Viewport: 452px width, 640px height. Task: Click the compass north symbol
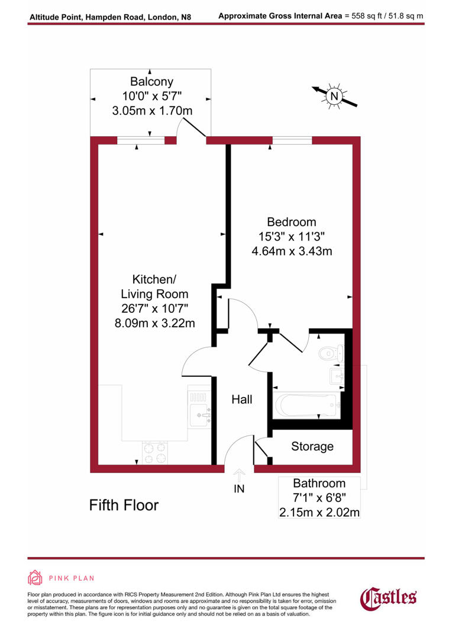[334, 96]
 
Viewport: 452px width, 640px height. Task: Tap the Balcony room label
[152, 82]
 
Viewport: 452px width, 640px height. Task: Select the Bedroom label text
[292, 222]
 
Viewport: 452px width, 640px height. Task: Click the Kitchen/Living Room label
[154, 286]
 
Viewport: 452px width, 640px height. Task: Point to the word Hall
[241, 400]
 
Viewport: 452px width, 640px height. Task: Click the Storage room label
[312, 447]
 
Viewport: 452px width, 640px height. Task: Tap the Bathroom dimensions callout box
[319, 498]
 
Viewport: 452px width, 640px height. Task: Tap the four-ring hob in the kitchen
[155, 453]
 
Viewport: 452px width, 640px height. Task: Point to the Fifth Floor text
[124, 505]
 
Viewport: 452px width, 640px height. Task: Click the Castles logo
[388, 597]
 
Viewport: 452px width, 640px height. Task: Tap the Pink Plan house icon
[35, 578]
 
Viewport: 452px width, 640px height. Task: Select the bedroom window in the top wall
[292, 140]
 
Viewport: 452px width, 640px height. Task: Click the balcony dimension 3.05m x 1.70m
[152, 110]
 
